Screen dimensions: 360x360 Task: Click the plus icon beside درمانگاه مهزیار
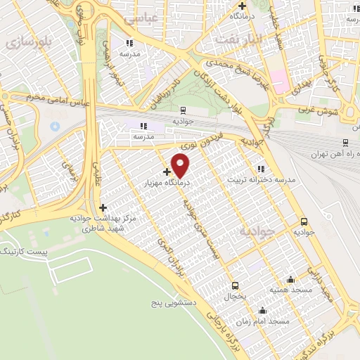[167, 172]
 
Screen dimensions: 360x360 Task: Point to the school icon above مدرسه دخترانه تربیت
[261, 169]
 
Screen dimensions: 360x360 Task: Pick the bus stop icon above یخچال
[235, 285]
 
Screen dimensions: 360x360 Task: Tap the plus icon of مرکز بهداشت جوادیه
[103, 207]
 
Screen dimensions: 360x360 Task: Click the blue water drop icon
[55, 127]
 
